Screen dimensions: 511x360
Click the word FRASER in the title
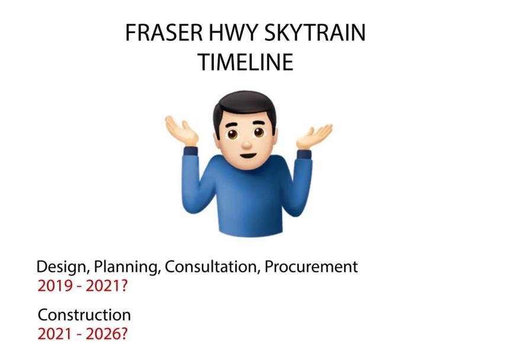pos(164,33)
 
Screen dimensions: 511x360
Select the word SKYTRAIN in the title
pos(315,33)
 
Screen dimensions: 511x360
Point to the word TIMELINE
pos(245,62)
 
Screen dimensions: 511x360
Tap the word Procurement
pos(311,267)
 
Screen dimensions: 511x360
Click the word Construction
pos(85,315)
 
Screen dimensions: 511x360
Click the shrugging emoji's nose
pos(247,144)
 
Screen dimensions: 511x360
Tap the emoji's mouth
pos(248,155)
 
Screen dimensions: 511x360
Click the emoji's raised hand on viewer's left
pos(181,131)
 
